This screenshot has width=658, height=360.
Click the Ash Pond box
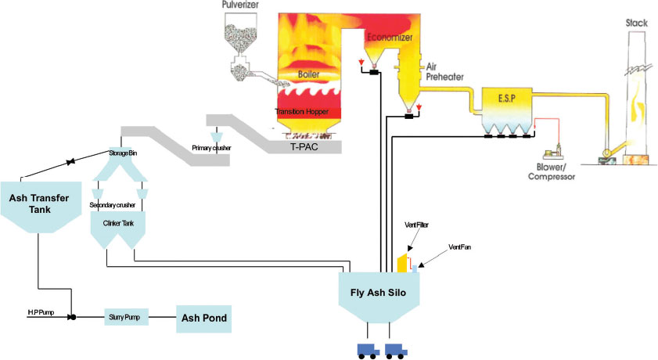coord(205,319)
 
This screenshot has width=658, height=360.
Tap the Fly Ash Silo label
coord(381,293)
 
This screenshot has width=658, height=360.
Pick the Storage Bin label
coord(122,153)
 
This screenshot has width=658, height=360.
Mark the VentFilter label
coord(416,225)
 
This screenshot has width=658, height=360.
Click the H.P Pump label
coord(40,313)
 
